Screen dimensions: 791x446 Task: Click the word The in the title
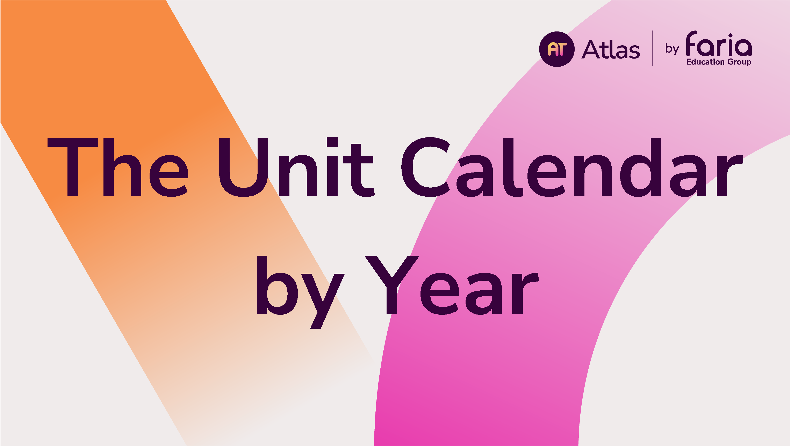[x=118, y=167]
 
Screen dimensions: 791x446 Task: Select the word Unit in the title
[x=297, y=167]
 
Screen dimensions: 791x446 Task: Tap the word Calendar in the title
[x=572, y=167]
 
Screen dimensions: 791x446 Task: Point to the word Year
[x=451, y=285]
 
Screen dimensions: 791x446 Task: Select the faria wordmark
[x=719, y=44]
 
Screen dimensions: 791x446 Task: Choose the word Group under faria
[x=739, y=62]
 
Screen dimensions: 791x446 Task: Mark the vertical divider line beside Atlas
[x=653, y=48]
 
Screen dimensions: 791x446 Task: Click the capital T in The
[x=73, y=167]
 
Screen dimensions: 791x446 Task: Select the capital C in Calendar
[x=426, y=167]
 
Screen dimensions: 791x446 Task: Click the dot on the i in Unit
[x=333, y=142]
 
